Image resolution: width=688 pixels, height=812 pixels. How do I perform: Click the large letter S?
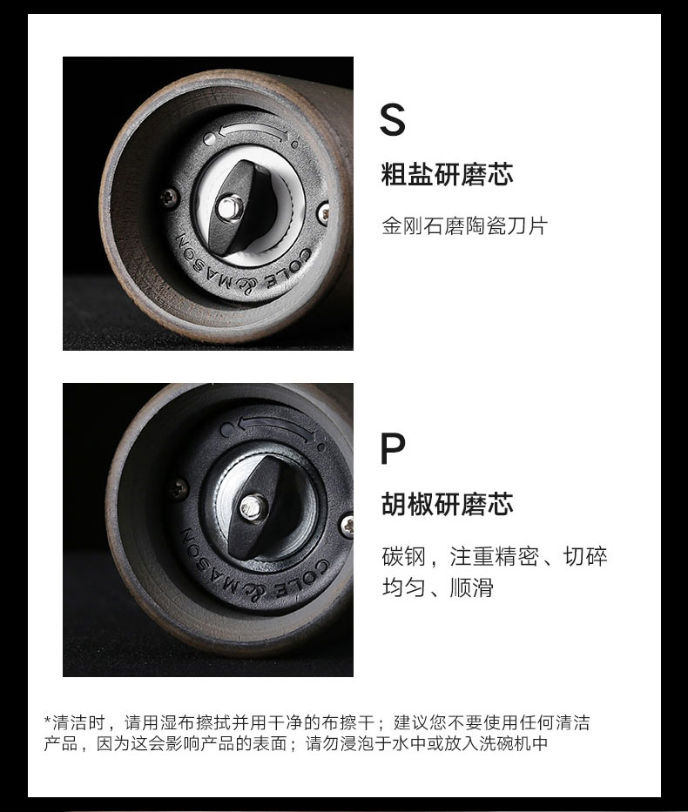(392, 119)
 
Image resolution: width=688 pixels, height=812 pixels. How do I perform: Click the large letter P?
(393, 448)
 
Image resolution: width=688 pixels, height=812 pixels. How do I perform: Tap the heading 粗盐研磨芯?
(447, 174)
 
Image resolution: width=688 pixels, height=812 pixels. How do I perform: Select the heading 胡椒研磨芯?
(447, 504)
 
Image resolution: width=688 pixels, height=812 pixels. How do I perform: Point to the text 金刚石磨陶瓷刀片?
(465, 225)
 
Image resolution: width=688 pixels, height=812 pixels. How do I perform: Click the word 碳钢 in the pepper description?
(403, 556)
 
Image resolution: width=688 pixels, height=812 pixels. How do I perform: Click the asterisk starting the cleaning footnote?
(48, 720)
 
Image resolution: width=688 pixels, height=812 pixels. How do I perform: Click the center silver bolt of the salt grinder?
(229, 207)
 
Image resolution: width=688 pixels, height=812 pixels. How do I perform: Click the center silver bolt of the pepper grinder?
(252, 507)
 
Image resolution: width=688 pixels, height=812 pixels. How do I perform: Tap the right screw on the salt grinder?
(324, 211)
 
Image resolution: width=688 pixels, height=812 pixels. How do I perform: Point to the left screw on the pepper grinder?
(179, 487)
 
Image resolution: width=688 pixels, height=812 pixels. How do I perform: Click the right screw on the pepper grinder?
(347, 525)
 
